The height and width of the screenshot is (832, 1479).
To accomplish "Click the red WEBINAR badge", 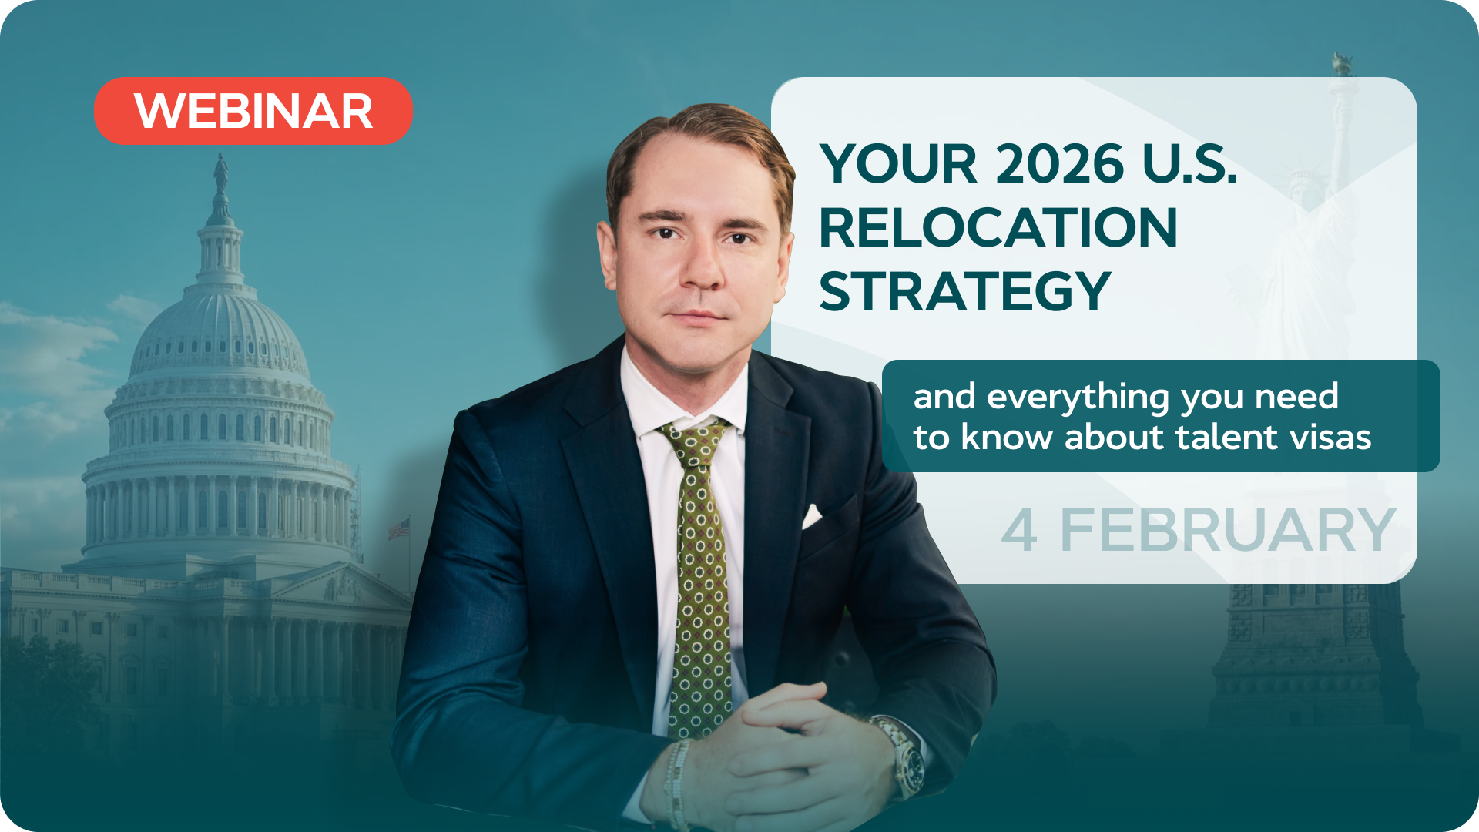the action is pos(253,110).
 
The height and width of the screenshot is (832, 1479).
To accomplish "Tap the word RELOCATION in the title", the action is pos(998,227).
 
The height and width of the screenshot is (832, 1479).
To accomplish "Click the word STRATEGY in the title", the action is pos(965,291).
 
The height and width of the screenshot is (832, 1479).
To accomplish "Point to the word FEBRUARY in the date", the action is pos(1228,530).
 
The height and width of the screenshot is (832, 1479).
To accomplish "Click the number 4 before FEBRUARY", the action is pos(1019,530).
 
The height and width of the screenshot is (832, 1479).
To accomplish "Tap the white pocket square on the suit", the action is pos(811,516).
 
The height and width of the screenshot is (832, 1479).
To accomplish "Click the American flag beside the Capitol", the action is pos(399,528).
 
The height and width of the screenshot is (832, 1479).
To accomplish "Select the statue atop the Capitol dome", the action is pos(221,173).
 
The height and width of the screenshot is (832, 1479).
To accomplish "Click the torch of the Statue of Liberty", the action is pos(1343,65).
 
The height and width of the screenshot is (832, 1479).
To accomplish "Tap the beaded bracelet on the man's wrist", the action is pos(677,783).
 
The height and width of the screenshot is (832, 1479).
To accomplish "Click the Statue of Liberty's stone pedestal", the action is pos(1314,655).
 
